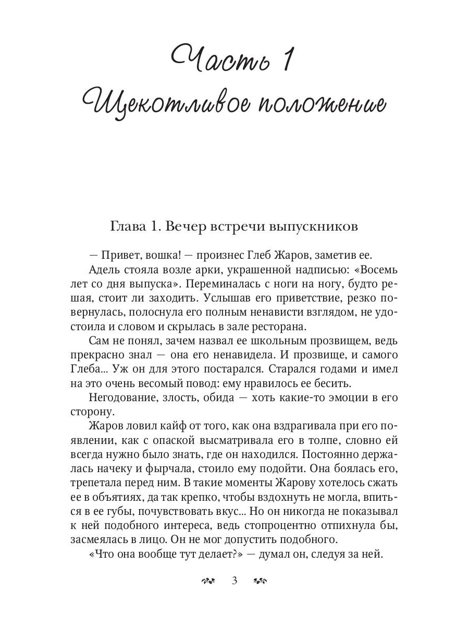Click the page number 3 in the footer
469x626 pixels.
click(234, 581)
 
